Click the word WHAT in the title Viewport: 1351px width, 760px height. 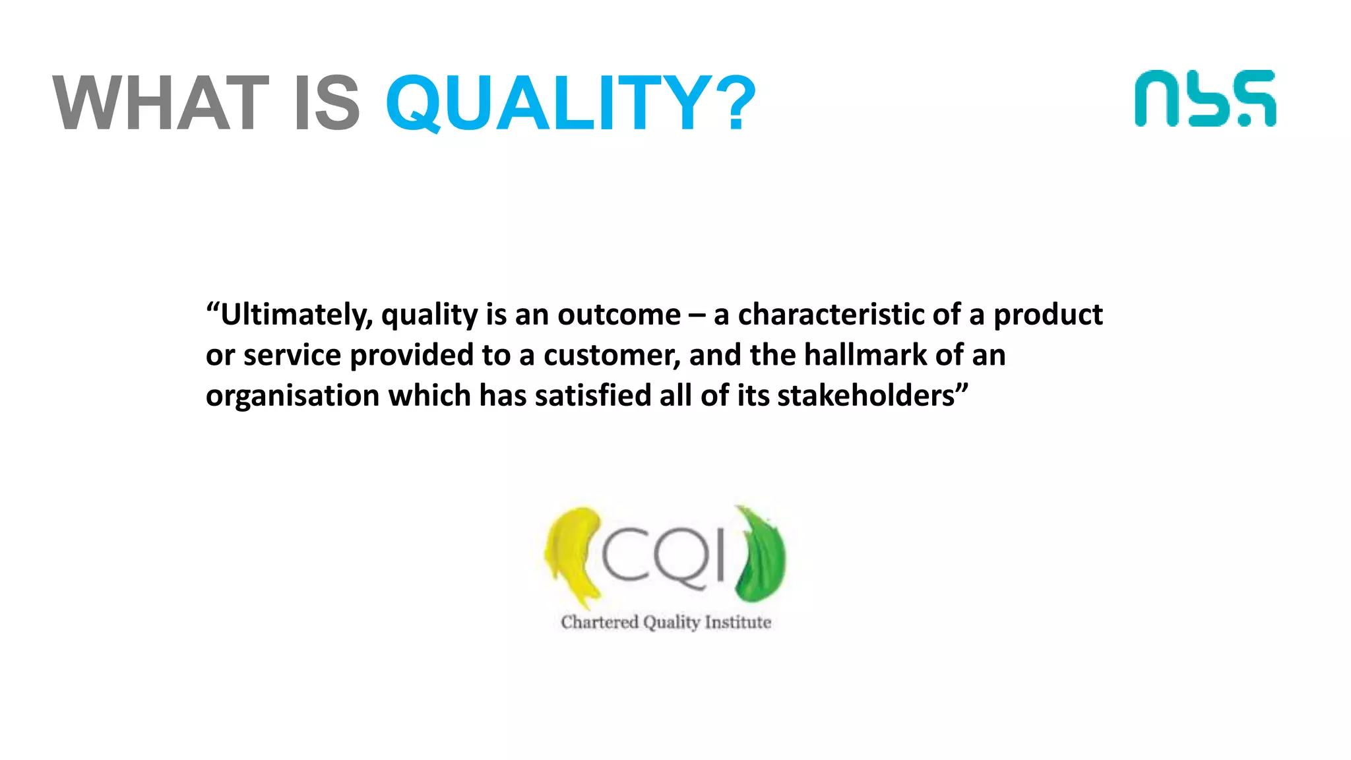[161, 103]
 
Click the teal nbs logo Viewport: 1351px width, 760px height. [1205, 99]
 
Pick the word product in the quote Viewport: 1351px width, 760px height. [1048, 315]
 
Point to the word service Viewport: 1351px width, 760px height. [292, 356]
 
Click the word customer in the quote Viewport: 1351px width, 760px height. [612, 356]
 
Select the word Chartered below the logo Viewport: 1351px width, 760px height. [600, 622]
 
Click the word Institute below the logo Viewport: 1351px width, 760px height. [738, 622]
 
